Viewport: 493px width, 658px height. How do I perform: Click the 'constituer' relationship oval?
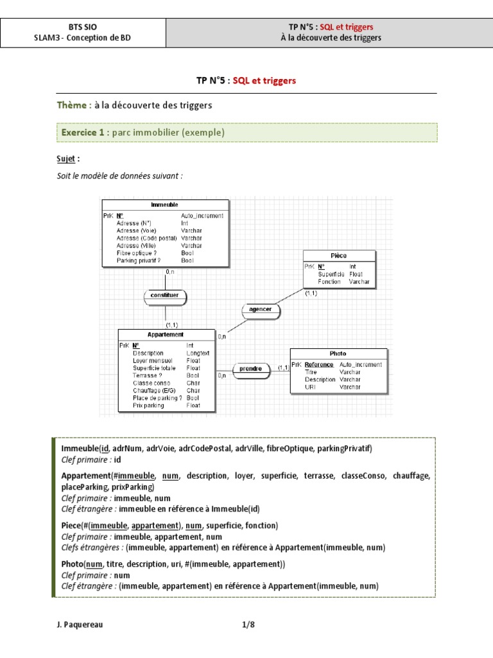(x=165, y=296)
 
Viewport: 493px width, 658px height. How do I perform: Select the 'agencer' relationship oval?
(x=260, y=310)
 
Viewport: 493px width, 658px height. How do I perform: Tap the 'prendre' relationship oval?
(x=250, y=369)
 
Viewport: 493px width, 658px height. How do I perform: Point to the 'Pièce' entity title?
(x=339, y=255)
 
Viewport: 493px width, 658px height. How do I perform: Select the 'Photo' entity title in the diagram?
(x=338, y=353)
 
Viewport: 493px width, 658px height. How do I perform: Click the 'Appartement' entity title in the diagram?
(x=166, y=335)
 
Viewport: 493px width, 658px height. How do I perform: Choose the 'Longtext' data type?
(x=198, y=353)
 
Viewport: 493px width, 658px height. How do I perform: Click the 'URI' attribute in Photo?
(x=311, y=387)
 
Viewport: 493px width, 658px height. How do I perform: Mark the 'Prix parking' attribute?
(x=149, y=405)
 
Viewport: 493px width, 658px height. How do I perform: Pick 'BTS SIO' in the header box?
(x=83, y=27)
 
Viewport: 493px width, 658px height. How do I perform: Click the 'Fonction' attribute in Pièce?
(x=329, y=281)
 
